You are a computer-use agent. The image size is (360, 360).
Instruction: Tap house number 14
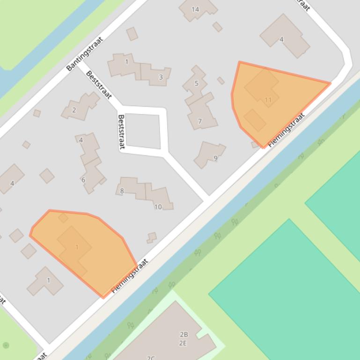click(x=195, y=9)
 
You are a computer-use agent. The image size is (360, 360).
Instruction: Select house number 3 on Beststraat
click(x=161, y=77)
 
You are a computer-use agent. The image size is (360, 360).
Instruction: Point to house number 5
click(x=196, y=84)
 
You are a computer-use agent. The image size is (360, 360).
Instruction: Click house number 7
click(x=200, y=121)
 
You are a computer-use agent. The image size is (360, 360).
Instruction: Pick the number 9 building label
click(x=215, y=158)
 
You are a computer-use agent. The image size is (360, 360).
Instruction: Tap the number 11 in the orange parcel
click(x=268, y=100)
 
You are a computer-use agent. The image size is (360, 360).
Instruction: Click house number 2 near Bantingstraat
click(x=74, y=110)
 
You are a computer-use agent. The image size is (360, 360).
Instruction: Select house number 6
click(x=83, y=180)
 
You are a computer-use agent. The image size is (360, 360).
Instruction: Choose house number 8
click(x=122, y=191)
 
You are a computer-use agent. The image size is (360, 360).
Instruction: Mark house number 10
click(x=158, y=207)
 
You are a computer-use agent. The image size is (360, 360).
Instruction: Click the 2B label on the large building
click(x=184, y=334)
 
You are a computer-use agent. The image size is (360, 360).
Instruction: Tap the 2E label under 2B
click(x=183, y=343)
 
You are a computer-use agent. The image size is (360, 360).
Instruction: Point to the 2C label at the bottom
click(x=150, y=358)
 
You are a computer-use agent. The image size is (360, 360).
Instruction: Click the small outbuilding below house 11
click(x=254, y=120)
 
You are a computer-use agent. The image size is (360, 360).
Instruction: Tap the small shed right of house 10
click(x=151, y=238)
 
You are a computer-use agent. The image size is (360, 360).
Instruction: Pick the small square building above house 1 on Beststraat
click(x=132, y=34)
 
